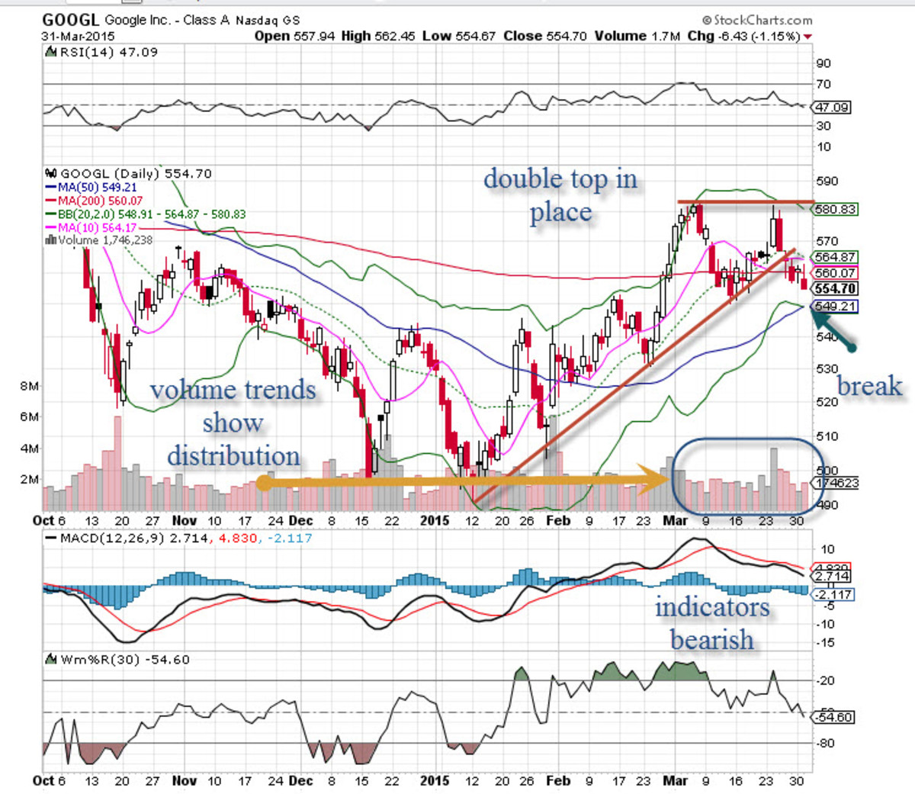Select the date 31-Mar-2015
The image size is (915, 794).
click(x=78, y=36)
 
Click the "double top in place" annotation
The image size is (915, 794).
click(x=560, y=195)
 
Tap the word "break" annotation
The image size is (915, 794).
click(x=869, y=386)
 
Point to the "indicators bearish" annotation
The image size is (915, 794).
click(x=712, y=622)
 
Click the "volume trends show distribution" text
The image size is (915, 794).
click(x=233, y=423)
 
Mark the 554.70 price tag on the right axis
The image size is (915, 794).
click(x=835, y=289)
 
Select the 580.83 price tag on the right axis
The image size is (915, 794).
click(x=836, y=209)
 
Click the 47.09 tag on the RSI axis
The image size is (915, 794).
click(x=833, y=108)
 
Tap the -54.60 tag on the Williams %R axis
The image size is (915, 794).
click(x=834, y=717)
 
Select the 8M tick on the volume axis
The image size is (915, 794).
click(x=29, y=386)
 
